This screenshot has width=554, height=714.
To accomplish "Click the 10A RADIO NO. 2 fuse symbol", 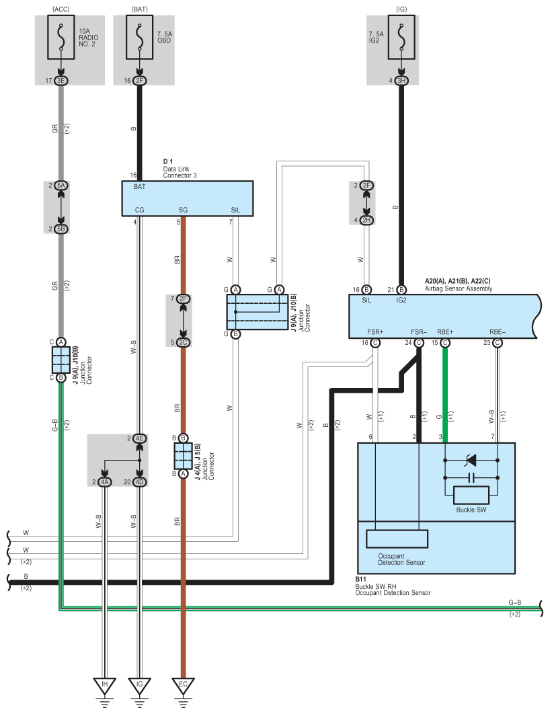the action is [61, 37].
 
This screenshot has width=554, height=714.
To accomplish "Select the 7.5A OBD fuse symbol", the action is [139, 37].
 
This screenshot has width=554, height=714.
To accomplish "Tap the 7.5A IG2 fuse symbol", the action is [401, 37].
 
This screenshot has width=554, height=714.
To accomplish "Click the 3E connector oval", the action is [61, 81].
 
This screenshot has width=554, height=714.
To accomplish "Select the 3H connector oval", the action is [401, 81].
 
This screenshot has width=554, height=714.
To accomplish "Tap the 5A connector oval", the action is [61, 186].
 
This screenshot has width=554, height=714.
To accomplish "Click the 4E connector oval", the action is [139, 438].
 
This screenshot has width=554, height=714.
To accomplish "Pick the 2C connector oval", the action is [183, 342].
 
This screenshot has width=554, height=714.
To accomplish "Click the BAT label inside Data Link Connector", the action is [139, 187].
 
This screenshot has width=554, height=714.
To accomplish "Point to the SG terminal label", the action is [183, 210].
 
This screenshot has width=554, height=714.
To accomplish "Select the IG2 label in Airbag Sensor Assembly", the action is [401, 300].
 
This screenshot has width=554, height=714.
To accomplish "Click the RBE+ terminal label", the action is [445, 332].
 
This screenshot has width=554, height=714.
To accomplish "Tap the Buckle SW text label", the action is [471, 510].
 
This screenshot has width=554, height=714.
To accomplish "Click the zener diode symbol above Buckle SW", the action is [471, 461].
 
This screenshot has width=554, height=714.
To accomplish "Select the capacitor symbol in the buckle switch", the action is [471, 477].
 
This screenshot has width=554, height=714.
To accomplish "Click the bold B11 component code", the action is [360, 580].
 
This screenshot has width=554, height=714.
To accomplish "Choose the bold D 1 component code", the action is [168, 161].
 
